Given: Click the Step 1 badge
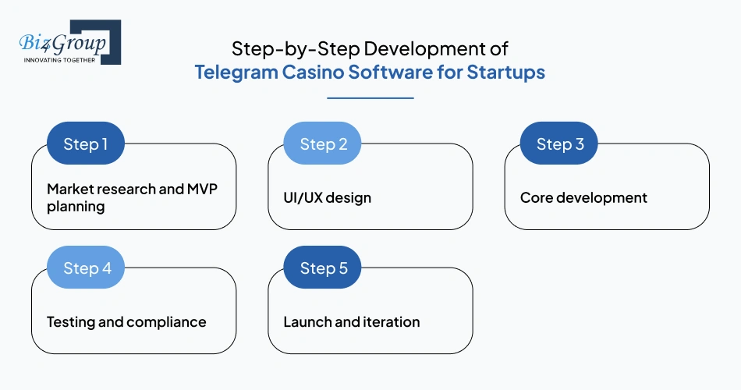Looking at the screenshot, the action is (x=86, y=144).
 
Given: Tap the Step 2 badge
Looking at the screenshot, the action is (x=322, y=144).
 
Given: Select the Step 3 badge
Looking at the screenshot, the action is (x=559, y=144).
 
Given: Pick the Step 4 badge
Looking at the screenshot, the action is (x=86, y=267).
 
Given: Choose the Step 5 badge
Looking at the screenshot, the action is (x=322, y=267).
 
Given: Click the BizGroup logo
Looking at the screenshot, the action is (x=70, y=42).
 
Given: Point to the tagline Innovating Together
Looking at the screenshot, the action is (x=59, y=60).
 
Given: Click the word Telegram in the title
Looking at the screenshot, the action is (x=236, y=73).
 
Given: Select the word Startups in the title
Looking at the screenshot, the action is (x=505, y=73).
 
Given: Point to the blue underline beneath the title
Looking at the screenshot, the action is (x=370, y=97).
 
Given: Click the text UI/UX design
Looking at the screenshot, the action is (x=327, y=197).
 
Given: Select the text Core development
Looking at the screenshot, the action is (x=583, y=197).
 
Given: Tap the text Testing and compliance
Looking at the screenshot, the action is (x=126, y=322).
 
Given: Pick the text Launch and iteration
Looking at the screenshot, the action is (x=352, y=322).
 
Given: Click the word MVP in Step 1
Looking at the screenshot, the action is (x=202, y=189).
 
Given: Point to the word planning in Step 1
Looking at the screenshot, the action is (x=76, y=207).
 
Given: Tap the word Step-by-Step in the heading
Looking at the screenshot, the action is (x=296, y=49).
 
